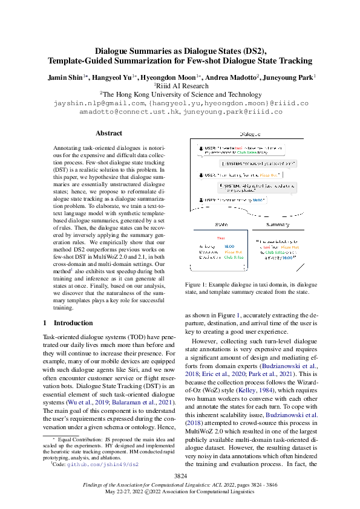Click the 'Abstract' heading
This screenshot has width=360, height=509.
pos(109,133)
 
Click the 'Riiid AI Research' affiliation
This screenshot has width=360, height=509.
pos(180,86)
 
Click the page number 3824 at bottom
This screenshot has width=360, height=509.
pos(180,477)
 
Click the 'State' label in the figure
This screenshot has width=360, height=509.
pos(221,224)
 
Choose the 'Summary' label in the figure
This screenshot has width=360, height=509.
pos(278,224)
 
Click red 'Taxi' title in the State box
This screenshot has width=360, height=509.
pos(220,238)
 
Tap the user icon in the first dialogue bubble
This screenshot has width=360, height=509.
pos(200,148)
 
